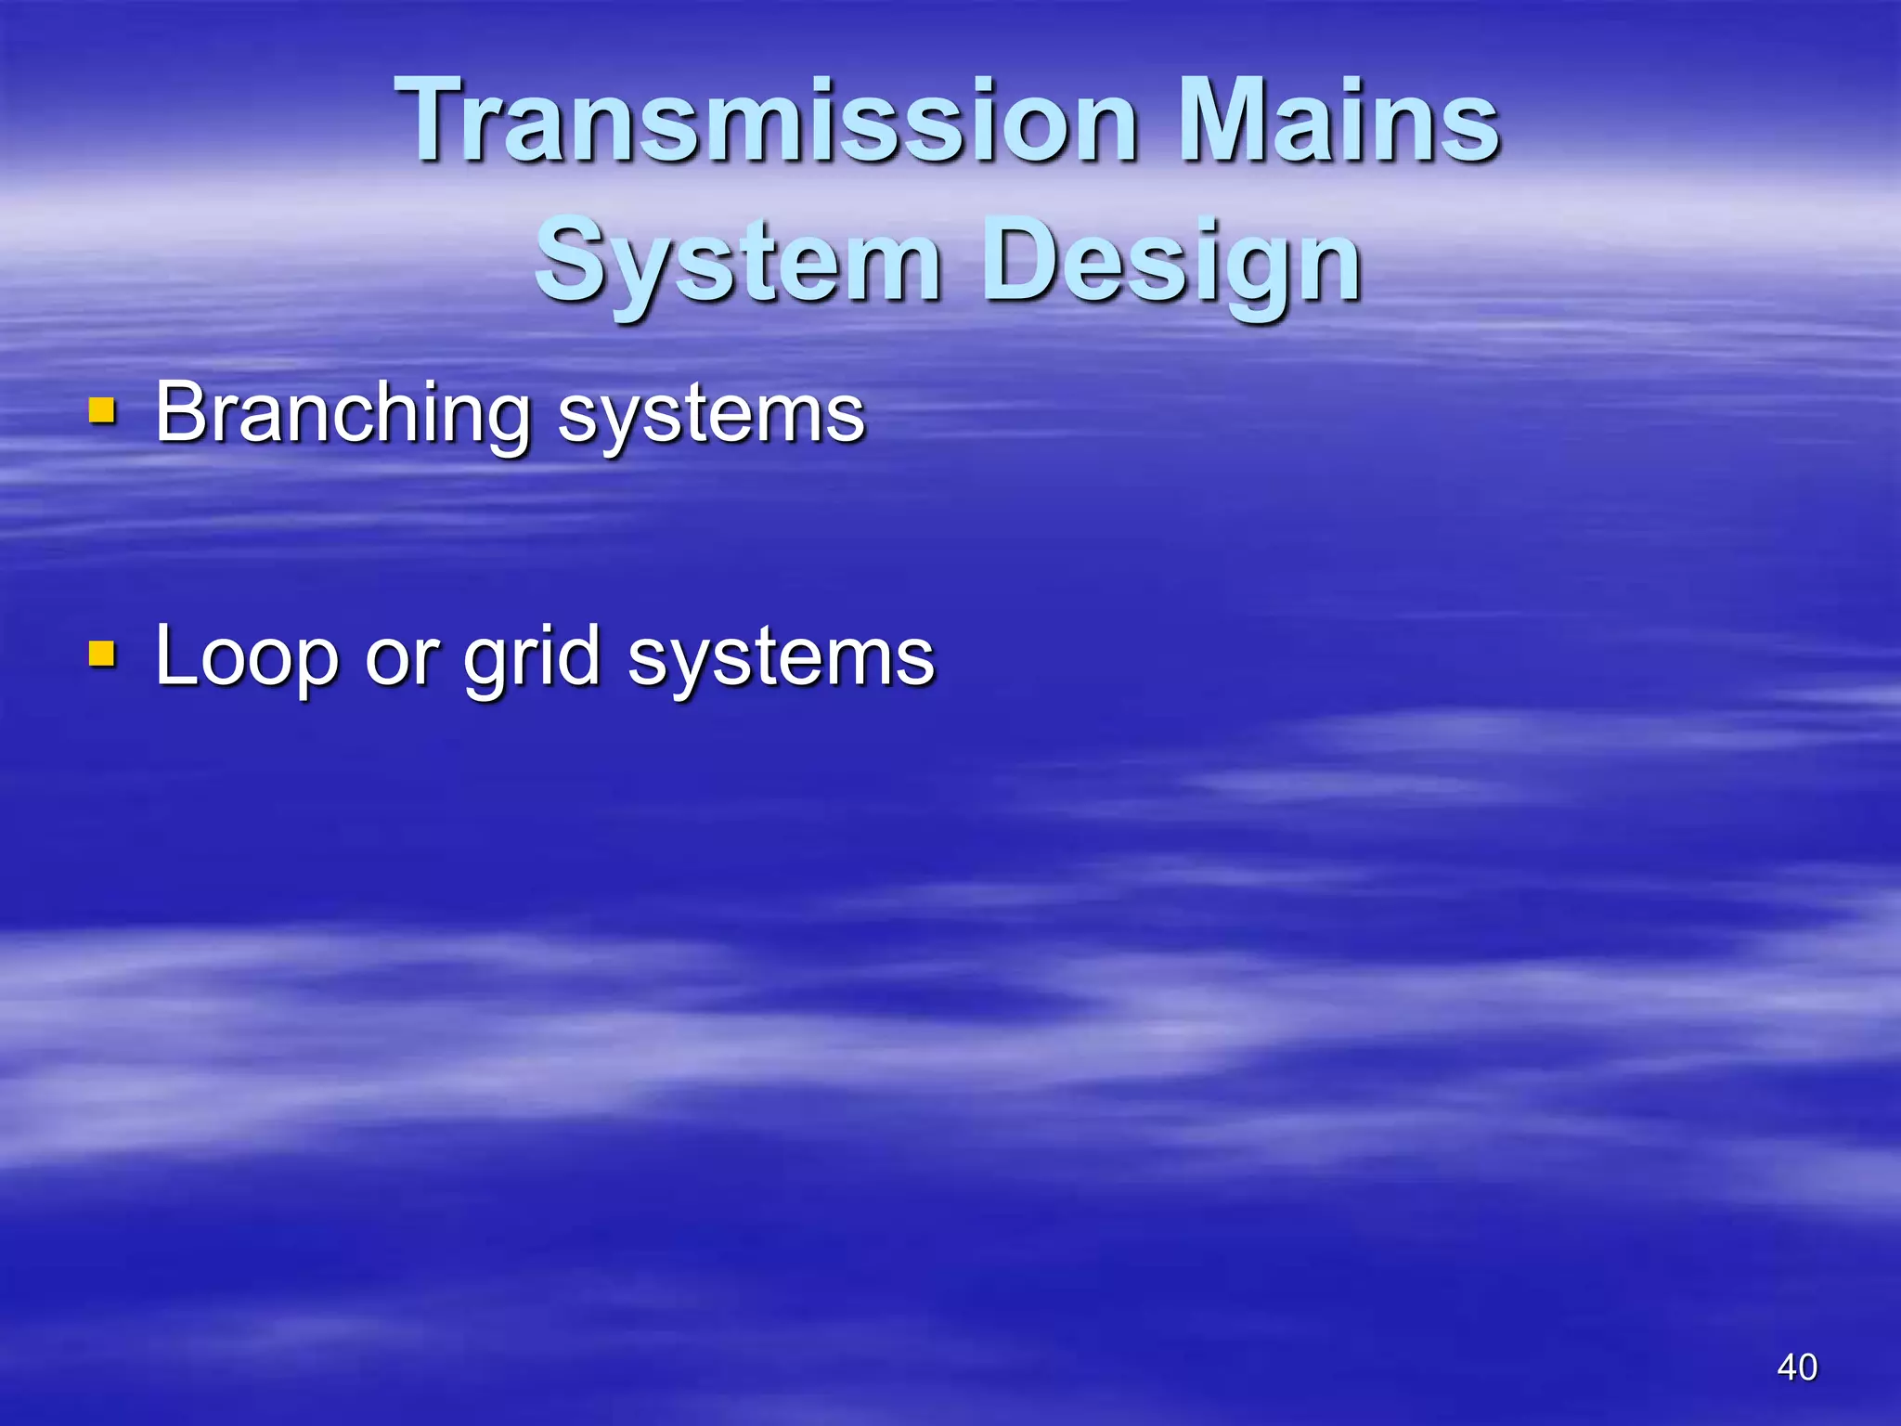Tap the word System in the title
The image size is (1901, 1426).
(738, 263)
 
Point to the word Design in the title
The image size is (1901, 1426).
(1171, 263)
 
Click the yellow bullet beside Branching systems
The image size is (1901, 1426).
(102, 410)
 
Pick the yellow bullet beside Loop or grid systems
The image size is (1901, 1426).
(102, 655)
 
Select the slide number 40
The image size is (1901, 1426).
(1797, 1367)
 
